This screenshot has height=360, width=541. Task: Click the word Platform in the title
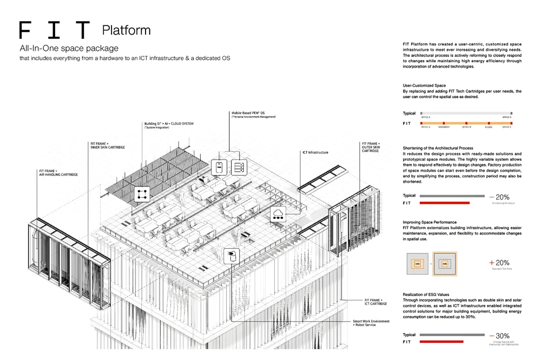pyautogui.click(x=126, y=29)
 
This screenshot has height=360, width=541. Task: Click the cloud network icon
pyautogui.click(x=279, y=214)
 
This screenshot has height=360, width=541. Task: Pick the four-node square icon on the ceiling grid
pyautogui.click(x=142, y=194)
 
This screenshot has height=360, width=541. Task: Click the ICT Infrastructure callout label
pyautogui.click(x=315, y=152)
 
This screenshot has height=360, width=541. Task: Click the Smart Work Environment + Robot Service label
pyautogui.click(x=371, y=323)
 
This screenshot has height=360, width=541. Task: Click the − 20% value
pyautogui.click(x=499, y=197)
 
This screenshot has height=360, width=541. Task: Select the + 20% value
pyautogui.click(x=499, y=263)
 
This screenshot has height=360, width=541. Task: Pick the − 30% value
pyautogui.click(x=499, y=336)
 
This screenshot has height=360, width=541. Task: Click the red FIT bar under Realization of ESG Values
pyautogui.click(x=441, y=342)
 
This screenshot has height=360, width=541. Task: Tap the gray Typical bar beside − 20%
pyautogui.click(x=452, y=196)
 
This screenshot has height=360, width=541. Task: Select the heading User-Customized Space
pyautogui.click(x=424, y=86)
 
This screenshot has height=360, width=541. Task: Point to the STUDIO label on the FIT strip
pyautogui.click(x=489, y=127)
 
